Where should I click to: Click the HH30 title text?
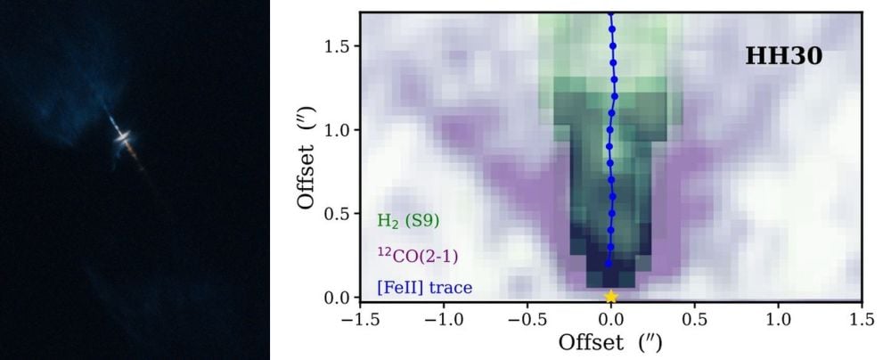pos(783,57)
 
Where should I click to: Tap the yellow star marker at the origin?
pos(610,297)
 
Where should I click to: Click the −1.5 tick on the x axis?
pos(357,319)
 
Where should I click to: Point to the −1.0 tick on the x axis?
pos(441,319)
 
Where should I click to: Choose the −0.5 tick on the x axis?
pos(525,319)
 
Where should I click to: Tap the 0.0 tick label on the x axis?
pos(611,319)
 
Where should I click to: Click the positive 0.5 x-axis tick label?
pos(695,319)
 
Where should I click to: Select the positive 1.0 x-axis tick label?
pos(779,319)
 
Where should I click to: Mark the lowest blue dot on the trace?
pos(609,264)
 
